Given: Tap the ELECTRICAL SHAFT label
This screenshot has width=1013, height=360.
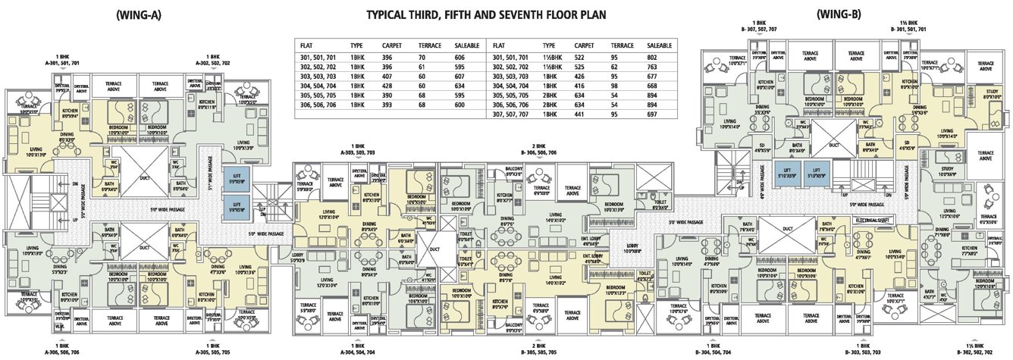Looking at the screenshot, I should coord(875,219).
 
